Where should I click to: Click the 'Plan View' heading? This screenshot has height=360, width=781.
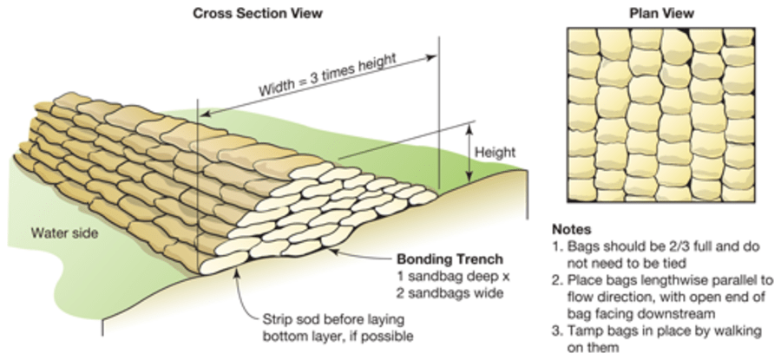point(661,13)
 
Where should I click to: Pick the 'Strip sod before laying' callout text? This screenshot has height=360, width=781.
point(325,318)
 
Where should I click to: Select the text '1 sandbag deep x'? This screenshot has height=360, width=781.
point(444,275)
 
